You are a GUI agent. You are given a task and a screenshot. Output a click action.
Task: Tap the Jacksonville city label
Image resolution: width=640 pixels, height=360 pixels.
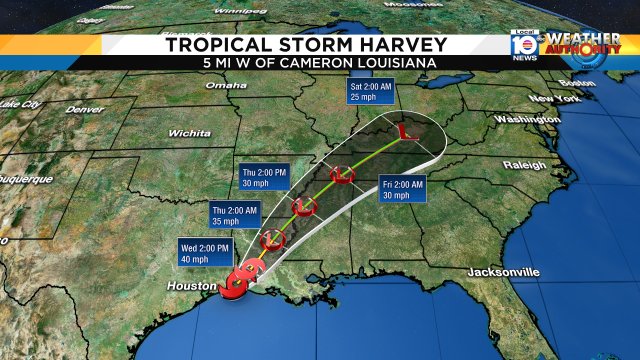coord(504,272)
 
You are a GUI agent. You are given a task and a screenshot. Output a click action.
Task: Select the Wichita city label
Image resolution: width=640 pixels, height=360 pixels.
coord(189,132)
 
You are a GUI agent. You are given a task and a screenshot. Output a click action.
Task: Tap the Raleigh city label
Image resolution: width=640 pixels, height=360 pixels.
coord(525,164)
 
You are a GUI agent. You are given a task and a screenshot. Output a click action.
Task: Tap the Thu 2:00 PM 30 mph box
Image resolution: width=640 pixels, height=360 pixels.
coord(265,176)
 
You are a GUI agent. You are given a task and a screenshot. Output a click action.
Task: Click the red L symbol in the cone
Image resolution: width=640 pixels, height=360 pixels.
coord(405,130)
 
